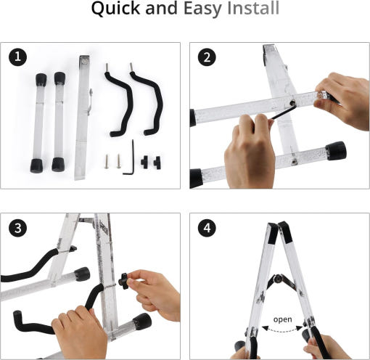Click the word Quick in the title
pyautogui.click(x=115, y=9)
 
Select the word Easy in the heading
pyautogui.click(x=202, y=9)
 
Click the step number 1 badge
pyautogui.click(x=18, y=57)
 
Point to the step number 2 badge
pyautogui.click(x=207, y=57)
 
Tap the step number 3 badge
pyautogui.click(x=18, y=228)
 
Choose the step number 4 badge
pyautogui.click(x=207, y=228)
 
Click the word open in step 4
pyautogui.click(x=282, y=319)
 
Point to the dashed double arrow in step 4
pyautogui.click(x=282, y=329)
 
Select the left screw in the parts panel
pyautogui.click(x=107, y=161)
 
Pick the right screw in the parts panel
pyautogui.click(x=118, y=161)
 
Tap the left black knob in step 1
pyautogui.click(x=144, y=162)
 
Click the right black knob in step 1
pyautogui.click(x=157, y=163)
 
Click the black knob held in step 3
pyautogui.click(x=124, y=281)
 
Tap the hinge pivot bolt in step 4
pyautogui.click(x=278, y=279)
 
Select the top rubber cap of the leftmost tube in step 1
pyautogui.click(x=41, y=79)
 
